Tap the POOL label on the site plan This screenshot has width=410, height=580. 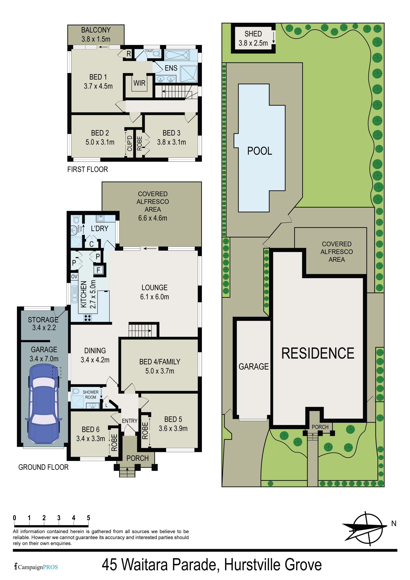coord(260,151)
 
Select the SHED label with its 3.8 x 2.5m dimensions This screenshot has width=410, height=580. coord(253,38)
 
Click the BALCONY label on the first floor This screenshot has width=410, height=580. coord(96,30)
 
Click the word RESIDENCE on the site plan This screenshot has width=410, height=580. coord(318,353)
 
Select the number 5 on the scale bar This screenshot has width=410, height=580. coord(88,518)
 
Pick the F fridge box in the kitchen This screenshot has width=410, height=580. coord(99,270)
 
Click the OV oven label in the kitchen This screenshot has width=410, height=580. coord(74,277)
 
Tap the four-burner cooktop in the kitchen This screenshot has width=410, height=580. coord(88,318)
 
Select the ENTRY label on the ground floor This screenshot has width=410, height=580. coord(130,421)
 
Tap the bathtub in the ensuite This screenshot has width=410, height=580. coord(177,55)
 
